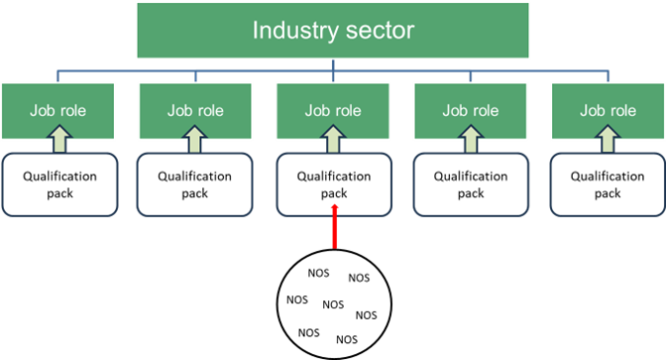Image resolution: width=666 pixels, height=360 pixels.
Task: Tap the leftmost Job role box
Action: pyautogui.click(x=57, y=110)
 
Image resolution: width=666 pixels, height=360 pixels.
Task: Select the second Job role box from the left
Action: pyautogui.click(x=195, y=110)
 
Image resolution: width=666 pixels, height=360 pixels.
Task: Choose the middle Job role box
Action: pyautogui.click(x=333, y=110)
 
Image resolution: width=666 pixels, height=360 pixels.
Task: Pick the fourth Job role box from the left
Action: pyautogui.click(x=470, y=110)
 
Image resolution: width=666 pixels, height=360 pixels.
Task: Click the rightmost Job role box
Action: pyautogui.click(x=607, y=110)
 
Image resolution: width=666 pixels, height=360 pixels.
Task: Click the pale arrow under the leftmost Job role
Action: pyautogui.click(x=57, y=144)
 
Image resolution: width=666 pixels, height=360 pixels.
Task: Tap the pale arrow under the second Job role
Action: pyautogui.click(x=195, y=144)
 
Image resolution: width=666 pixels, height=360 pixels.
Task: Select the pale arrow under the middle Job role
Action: pyautogui.click(x=333, y=144)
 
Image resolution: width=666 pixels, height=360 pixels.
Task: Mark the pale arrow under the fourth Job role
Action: pyautogui.click(x=470, y=144)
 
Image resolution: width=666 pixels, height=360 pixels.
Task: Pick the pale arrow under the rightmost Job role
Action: pyautogui.click(x=607, y=144)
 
